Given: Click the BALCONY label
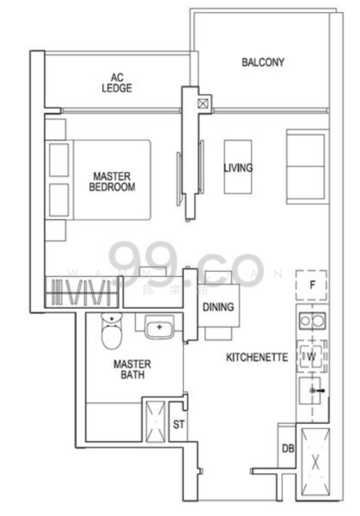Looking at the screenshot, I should (263, 62).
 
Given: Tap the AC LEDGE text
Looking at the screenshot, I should (115, 82).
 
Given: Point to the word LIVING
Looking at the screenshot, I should (238, 168).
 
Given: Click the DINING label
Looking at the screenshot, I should (218, 307).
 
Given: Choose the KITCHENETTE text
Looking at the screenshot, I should (256, 357).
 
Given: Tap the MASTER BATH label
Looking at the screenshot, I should (131, 369).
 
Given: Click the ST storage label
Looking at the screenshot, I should (179, 424).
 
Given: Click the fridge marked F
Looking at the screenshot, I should (313, 285).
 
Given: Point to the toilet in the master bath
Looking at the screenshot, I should (111, 332).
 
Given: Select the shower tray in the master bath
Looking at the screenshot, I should (157, 420).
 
